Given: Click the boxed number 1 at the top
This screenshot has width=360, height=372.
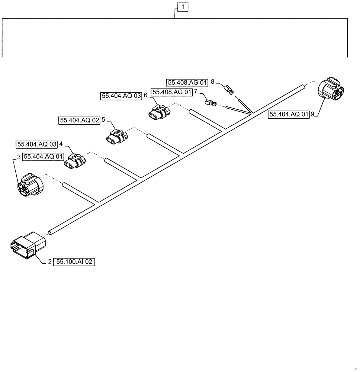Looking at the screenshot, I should [183, 6].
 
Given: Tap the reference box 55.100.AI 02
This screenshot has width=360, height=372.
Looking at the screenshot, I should [74, 262].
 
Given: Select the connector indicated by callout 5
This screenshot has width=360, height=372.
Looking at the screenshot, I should [116, 136].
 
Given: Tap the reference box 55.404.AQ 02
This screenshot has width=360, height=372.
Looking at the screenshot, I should [79, 121].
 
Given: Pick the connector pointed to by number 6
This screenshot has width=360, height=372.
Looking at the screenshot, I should [160, 111].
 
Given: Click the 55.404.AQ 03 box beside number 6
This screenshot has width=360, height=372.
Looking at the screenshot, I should [121, 96].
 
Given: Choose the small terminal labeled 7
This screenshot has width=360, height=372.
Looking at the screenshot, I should [211, 101].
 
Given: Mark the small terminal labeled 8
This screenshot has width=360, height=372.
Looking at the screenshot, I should [229, 89].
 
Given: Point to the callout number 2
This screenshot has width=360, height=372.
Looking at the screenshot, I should [49, 262].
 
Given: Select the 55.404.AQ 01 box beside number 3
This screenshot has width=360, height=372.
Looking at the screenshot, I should [43, 157].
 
